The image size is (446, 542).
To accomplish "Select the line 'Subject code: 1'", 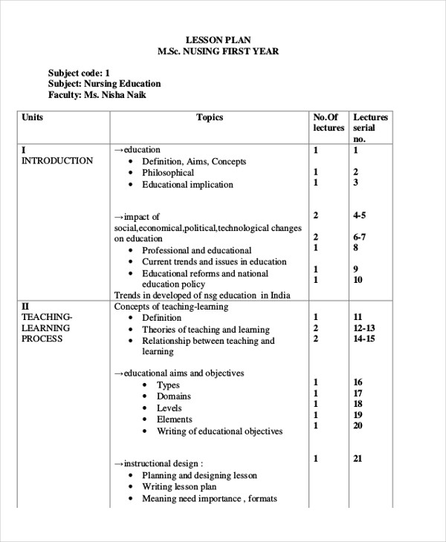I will tap(79, 73).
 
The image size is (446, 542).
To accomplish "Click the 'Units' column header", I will tap(33, 117).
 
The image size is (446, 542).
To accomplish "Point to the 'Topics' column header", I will tap(210, 117).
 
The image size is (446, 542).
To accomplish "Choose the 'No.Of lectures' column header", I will tap(329, 123).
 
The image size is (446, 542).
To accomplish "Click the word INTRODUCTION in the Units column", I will tap(57, 161).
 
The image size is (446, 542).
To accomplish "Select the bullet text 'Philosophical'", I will tap(168, 173).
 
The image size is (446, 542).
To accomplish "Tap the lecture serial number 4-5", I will tap(360, 215).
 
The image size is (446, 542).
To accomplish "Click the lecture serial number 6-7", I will tap(360, 237).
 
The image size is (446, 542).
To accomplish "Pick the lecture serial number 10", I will tap(358, 280).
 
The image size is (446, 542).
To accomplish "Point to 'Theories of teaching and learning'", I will tap(206, 330).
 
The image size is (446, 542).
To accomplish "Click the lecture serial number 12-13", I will tap(364, 328).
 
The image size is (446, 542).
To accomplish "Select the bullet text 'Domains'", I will tap(174, 396).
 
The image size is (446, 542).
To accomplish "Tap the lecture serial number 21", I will tap(358, 459).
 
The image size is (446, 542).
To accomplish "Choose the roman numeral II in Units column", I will tap(25, 306).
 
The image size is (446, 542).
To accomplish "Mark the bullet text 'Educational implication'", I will tap(187, 185).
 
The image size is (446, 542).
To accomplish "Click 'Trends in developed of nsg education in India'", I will tap(202, 295).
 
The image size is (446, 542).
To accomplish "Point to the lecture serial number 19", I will tap(358, 415).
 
